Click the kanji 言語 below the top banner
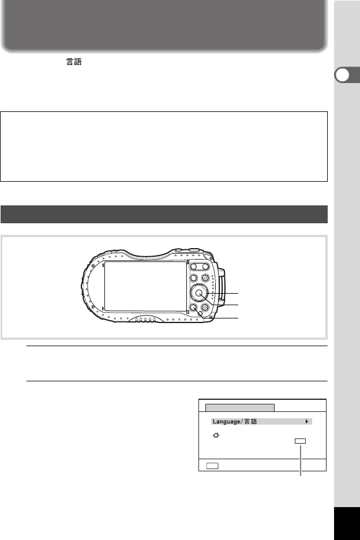tap(74, 62)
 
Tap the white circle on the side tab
tap(342, 75)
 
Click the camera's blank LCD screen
tap(145, 286)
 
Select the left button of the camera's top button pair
tap(194, 266)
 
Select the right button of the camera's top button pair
tap(205, 266)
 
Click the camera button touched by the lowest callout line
tap(194, 307)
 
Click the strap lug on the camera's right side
tap(222, 287)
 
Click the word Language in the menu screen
tap(226, 422)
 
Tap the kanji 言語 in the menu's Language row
tap(251, 422)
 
